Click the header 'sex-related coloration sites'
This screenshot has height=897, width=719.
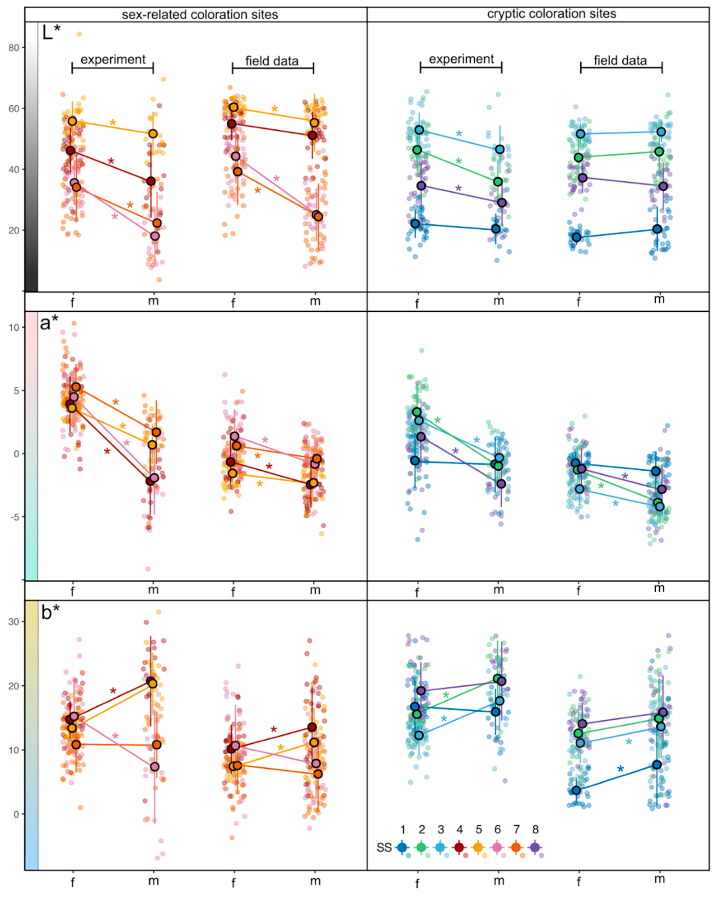(x=200, y=15)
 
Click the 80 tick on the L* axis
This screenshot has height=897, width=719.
(x=14, y=48)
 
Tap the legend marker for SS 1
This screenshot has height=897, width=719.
(x=402, y=847)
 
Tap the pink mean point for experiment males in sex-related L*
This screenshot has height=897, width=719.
(x=155, y=236)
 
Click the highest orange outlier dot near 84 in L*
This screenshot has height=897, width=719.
(x=79, y=34)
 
